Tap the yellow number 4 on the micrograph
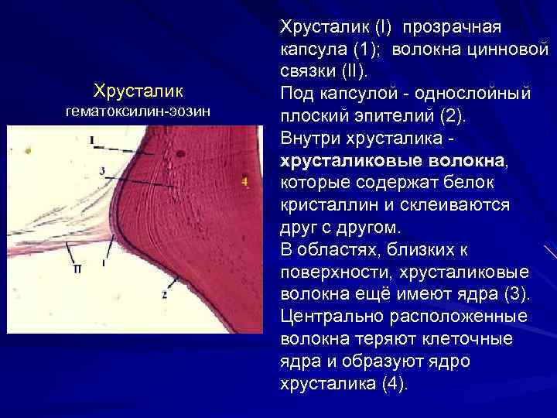point(245,181)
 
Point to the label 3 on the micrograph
point(102,169)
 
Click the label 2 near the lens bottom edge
point(165,294)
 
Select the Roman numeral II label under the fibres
point(77,269)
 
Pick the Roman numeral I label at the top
point(92,140)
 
